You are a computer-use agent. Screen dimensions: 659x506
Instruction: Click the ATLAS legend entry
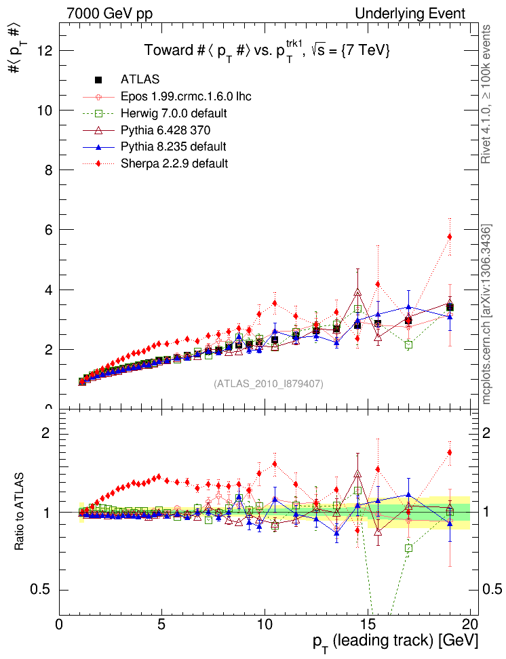pyautogui.click(x=140, y=80)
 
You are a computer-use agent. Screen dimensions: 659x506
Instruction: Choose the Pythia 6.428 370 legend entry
pyautogui.click(x=163, y=130)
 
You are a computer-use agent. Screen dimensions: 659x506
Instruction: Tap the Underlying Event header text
pyautogui.click(x=410, y=14)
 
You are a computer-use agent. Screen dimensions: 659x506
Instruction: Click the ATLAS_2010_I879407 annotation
pyautogui.click(x=269, y=384)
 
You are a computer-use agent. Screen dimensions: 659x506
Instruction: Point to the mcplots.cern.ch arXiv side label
pyautogui.click(x=486, y=314)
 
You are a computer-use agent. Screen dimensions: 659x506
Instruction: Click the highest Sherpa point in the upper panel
pyautogui.click(x=449, y=237)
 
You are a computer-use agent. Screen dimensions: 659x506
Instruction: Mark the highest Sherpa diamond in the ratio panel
pyautogui.click(x=449, y=452)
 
